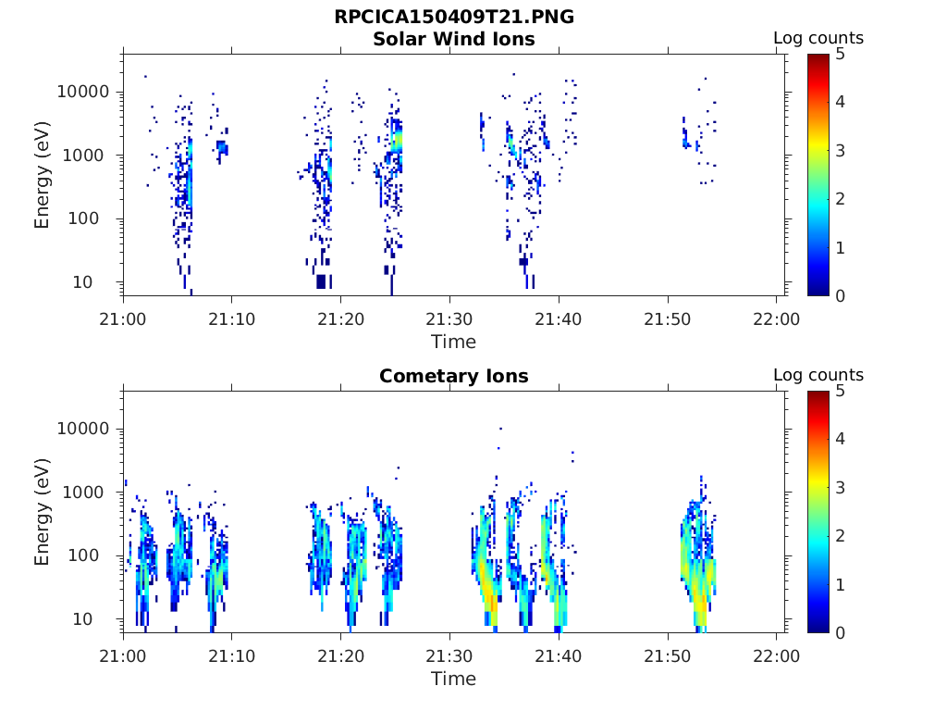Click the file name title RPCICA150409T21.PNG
(x=453, y=18)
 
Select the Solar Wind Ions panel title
(x=453, y=39)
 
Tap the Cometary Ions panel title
(x=453, y=376)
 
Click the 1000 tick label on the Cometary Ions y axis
(x=90, y=493)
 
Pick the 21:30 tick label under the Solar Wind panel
(x=449, y=319)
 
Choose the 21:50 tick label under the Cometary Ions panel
(x=668, y=656)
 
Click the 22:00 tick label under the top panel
(x=777, y=319)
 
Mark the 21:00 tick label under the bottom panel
(x=123, y=656)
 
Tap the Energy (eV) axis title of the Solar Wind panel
(x=43, y=176)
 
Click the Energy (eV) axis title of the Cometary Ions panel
(x=43, y=513)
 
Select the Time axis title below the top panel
(x=453, y=342)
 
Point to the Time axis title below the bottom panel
(x=453, y=679)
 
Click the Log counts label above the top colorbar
(x=818, y=38)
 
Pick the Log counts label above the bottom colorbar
(x=818, y=375)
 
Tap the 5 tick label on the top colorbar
(x=842, y=54)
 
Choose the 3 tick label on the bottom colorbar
(x=842, y=488)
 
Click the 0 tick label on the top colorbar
(x=842, y=295)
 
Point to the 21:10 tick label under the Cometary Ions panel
(x=232, y=656)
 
